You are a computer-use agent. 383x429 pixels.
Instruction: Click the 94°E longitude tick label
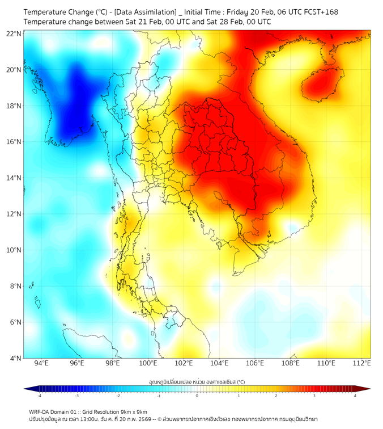point(41,363)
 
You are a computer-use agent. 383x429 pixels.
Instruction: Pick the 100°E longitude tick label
point(148,363)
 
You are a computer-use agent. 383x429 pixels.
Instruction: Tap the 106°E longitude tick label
point(255,363)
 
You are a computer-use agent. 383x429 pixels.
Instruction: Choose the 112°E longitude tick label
point(362,363)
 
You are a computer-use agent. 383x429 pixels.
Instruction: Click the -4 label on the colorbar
point(39,396)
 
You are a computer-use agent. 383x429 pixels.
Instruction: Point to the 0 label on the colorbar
point(197,396)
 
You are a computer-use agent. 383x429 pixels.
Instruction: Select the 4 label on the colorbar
point(355,396)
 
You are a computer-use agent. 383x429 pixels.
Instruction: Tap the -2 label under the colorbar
point(118,396)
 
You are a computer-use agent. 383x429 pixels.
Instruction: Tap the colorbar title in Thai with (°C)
point(197,382)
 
